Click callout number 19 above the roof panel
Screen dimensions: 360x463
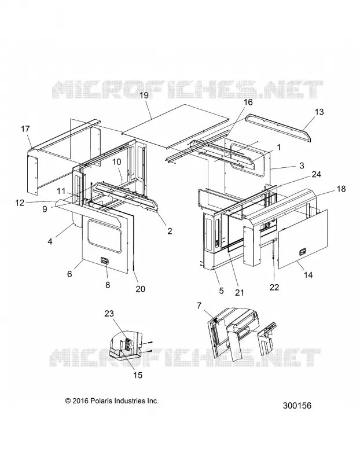[144, 95]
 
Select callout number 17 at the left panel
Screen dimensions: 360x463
[25, 129]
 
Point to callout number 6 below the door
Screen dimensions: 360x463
[69, 274]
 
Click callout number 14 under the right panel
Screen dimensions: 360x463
[308, 275]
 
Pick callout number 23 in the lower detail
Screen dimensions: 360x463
[109, 313]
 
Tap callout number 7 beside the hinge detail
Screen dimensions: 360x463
[199, 306]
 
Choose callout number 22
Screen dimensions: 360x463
[274, 287]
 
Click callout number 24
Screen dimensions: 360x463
[316, 175]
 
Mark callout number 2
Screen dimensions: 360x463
[170, 231]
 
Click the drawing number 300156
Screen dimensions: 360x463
[297, 406]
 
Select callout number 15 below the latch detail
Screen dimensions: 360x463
[138, 375]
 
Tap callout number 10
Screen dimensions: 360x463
[117, 162]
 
